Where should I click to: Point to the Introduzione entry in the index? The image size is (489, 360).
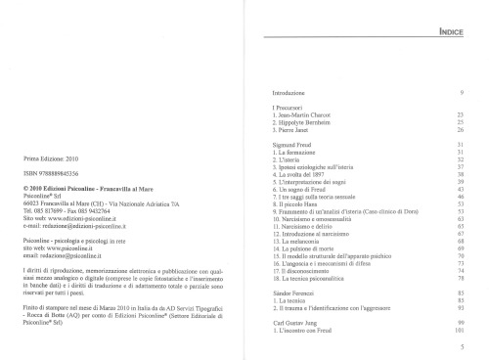point(291,91)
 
